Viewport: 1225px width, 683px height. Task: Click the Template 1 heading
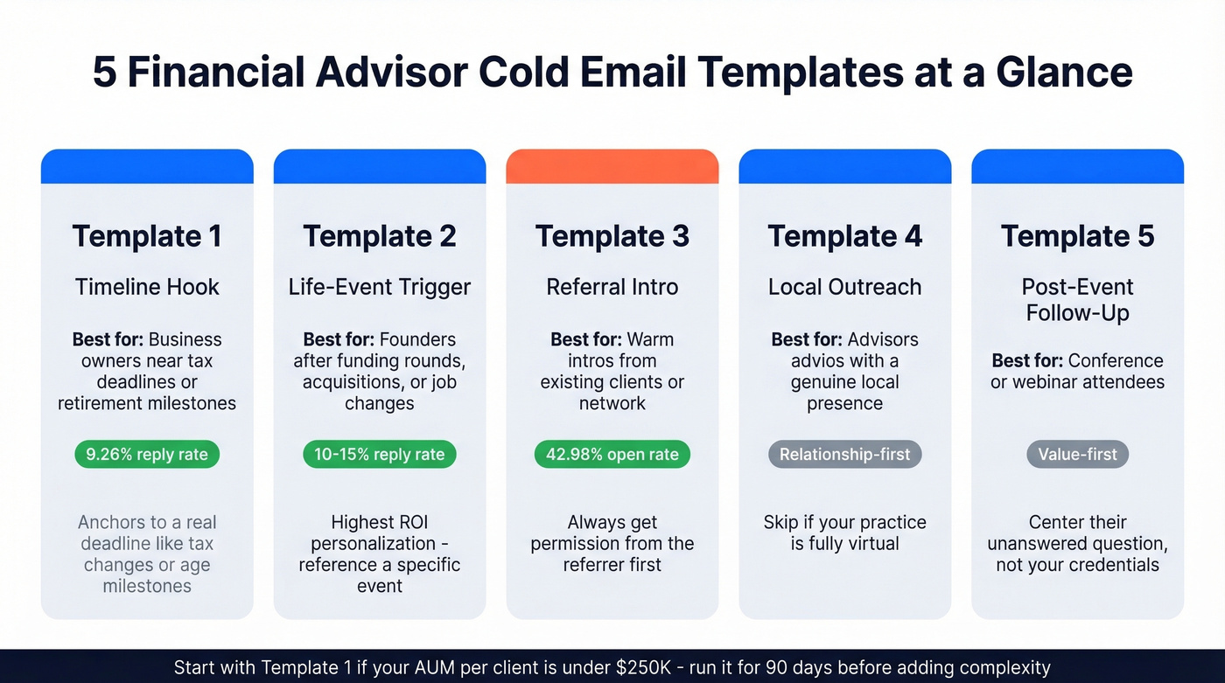tap(147, 236)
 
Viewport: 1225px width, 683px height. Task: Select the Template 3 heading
tap(612, 236)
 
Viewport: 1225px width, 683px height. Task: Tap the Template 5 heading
tap(1077, 236)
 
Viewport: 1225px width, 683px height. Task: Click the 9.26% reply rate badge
tap(147, 454)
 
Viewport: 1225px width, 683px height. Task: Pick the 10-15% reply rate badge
tap(379, 454)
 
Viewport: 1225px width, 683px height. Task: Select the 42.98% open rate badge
tap(612, 454)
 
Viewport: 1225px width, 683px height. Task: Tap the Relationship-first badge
tap(844, 454)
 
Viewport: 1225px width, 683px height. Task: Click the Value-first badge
tap(1077, 454)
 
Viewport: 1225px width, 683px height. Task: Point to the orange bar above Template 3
tap(612, 166)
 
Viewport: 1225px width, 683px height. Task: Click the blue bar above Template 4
tap(844, 166)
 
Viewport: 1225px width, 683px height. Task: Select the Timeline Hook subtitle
tap(147, 287)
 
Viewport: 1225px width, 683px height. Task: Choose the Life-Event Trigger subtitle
tap(379, 287)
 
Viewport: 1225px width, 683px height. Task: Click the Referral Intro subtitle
tap(612, 287)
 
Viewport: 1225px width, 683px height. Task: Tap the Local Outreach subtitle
tap(844, 287)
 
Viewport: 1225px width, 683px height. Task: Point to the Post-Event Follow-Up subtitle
tap(1077, 299)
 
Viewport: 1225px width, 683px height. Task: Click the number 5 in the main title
tap(104, 72)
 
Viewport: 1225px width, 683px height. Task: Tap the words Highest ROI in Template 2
tap(379, 522)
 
